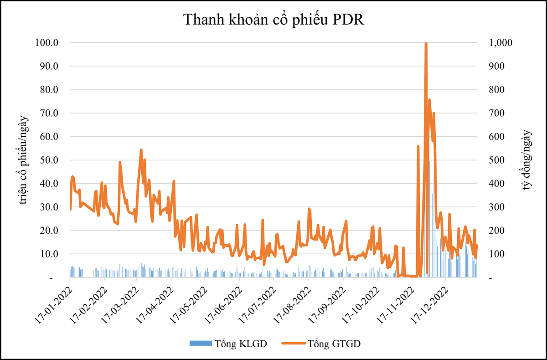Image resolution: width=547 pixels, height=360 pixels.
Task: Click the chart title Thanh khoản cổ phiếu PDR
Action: click(273, 21)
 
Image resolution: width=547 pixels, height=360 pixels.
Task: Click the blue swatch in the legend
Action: click(201, 343)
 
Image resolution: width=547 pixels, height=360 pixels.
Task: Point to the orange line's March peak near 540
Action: click(141, 150)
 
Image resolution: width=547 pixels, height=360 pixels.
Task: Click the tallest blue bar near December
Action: click(429, 219)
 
